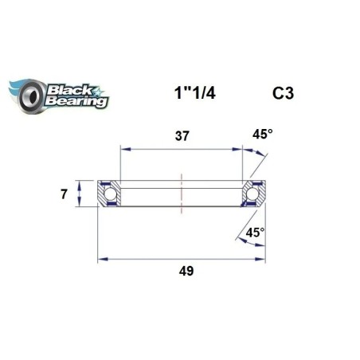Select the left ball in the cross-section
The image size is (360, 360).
click(x=108, y=194)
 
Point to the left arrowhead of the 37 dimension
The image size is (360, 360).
click(x=124, y=147)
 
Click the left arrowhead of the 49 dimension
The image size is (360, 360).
click(x=102, y=258)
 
